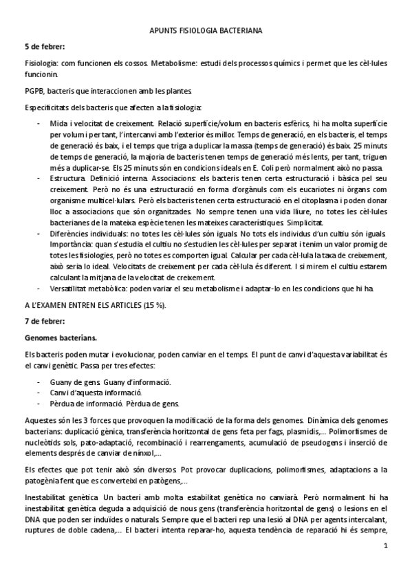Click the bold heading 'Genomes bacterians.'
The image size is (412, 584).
(58, 338)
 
